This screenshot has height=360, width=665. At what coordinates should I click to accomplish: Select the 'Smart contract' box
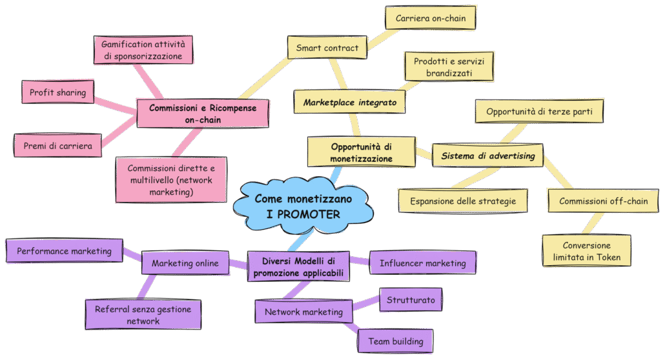click(327, 48)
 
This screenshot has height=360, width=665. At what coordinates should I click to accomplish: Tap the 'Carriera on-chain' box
click(430, 19)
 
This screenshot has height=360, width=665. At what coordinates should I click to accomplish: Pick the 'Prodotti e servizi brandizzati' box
click(449, 67)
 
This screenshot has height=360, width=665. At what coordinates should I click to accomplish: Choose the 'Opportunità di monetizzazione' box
click(360, 152)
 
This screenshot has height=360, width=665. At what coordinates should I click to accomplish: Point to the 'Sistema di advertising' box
click(488, 155)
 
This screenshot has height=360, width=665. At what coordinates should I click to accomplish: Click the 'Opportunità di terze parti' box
click(539, 112)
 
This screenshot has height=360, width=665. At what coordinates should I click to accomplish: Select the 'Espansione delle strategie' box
click(463, 201)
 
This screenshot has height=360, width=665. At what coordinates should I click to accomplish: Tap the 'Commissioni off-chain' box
click(603, 201)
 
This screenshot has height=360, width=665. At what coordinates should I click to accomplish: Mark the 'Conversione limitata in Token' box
click(586, 252)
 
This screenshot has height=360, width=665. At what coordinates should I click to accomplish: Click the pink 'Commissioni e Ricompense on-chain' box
click(202, 114)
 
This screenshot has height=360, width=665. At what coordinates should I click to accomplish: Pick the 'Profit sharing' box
click(57, 92)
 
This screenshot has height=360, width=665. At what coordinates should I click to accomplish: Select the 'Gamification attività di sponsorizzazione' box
click(143, 50)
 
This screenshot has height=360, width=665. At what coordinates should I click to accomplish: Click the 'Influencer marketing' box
click(422, 263)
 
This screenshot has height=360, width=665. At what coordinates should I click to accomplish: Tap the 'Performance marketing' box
click(64, 250)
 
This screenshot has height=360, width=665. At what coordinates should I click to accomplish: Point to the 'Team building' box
click(395, 341)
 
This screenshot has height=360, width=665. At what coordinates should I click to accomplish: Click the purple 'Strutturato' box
click(411, 300)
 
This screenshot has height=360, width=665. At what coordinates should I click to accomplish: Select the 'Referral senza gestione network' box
click(143, 315)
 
